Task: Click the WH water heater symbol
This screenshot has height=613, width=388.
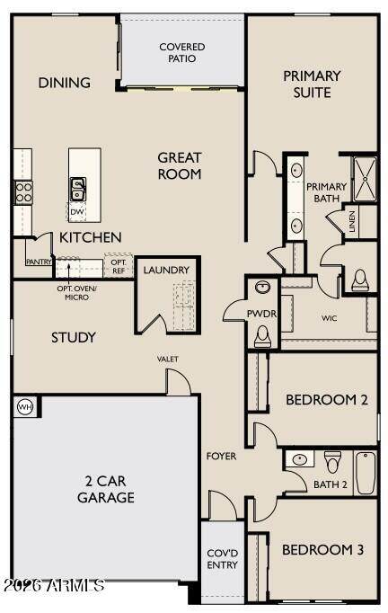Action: (x=25, y=407)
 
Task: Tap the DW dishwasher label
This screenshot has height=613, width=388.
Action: (x=77, y=212)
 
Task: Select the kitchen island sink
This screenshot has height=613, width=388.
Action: (x=78, y=189)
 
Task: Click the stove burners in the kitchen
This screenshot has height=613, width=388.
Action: (x=23, y=192)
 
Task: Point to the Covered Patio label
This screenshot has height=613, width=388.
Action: (x=182, y=52)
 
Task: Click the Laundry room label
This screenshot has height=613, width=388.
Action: (x=166, y=270)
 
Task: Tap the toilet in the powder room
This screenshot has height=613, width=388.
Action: (x=262, y=336)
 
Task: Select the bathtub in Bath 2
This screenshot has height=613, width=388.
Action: (x=366, y=473)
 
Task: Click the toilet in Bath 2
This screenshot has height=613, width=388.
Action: (x=332, y=462)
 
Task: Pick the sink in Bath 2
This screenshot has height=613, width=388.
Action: (x=300, y=458)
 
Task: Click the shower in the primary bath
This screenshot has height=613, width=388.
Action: (x=365, y=179)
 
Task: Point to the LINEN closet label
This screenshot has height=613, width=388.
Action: (x=352, y=221)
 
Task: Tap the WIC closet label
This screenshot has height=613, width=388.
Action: (x=329, y=318)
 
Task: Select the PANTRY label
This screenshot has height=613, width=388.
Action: (x=39, y=262)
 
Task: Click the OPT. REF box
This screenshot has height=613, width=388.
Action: (x=119, y=266)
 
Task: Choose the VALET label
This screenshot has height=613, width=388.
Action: (x=168, y=359)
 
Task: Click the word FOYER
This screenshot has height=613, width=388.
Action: (x=221, y=456)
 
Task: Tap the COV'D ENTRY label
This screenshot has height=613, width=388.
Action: (x=223, y=559)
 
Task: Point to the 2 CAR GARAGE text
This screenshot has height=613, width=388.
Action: (x=105, y=489)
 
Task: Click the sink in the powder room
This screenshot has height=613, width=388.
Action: (x=262, y=287)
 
